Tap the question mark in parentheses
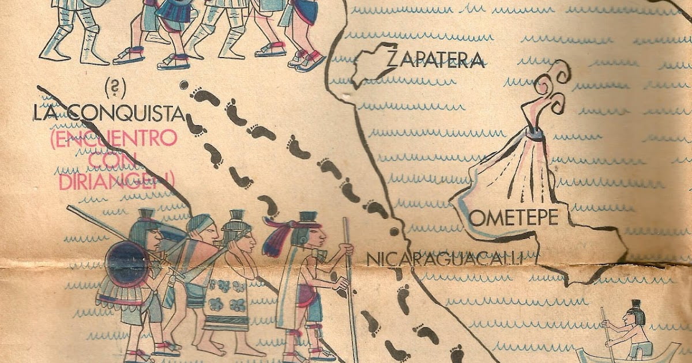(115, 88)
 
